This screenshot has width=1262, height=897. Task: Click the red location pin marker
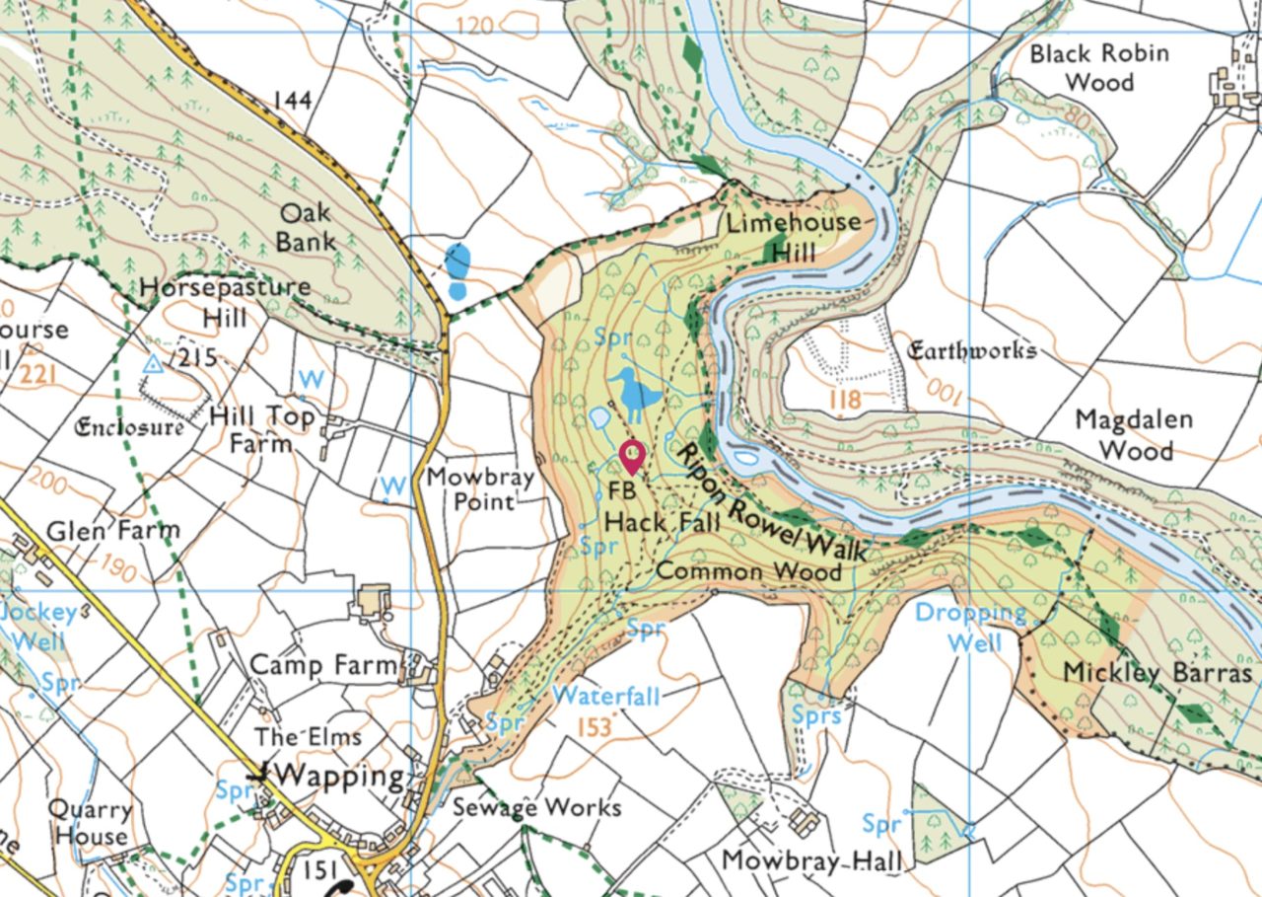[x=631, y=457]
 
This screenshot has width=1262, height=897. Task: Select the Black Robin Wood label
[x=1098, y=67]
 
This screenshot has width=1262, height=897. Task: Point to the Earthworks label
[x=971, y=350]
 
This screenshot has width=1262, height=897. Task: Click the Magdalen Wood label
[x=1134, y=434]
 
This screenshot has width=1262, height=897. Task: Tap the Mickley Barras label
[x=1157, y=673]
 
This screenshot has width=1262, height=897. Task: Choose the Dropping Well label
[x=971, y=628]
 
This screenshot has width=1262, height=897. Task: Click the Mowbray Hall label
[x=810, y=860]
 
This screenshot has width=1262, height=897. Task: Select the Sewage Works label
[x=536, y=807]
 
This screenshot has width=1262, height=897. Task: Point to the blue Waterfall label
[x=605, y=695]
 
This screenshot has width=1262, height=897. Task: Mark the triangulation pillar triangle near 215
[x=152, y=364]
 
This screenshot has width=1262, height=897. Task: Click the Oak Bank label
[x=305, y=227]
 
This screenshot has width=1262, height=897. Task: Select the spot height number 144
[x=292, y=100]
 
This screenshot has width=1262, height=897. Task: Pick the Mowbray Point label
[x=480, y=489]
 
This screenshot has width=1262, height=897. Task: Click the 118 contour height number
[x=845, y=400]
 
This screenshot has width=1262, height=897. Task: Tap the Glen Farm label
[x=113, y=530]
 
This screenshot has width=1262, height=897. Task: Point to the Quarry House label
[x=92, y=822]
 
